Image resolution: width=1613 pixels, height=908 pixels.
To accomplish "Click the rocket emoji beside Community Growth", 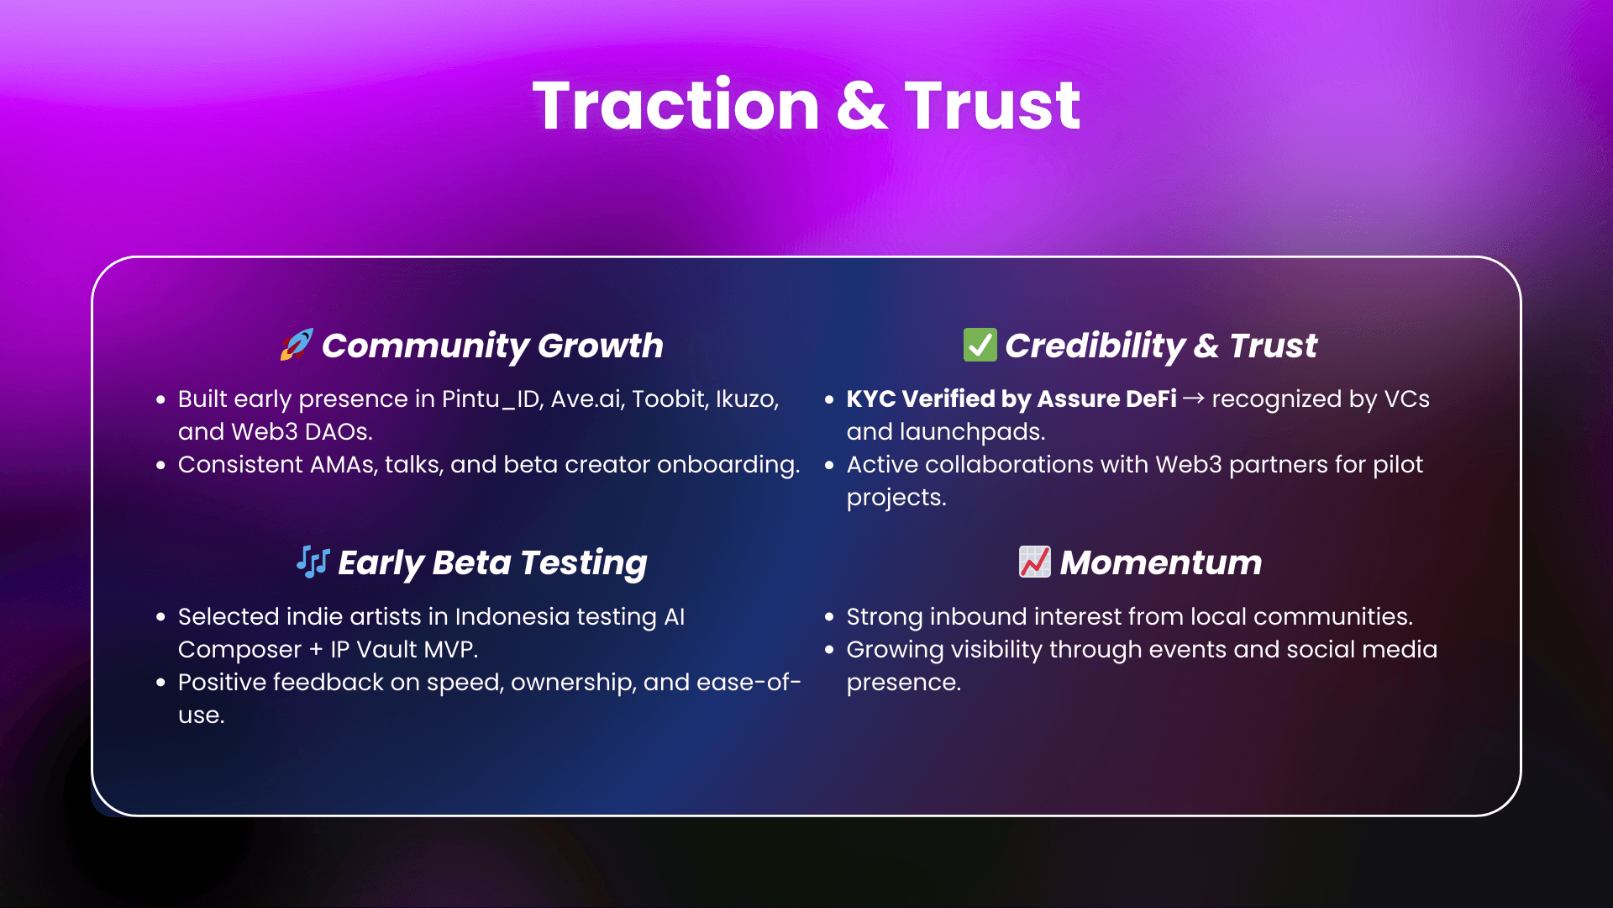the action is click(297, 345).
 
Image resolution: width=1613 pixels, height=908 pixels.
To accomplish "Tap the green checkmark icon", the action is click(980, 345).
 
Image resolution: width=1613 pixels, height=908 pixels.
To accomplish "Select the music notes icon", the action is click(313, 562).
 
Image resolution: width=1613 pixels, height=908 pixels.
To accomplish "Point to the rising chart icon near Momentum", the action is click(1034, 562).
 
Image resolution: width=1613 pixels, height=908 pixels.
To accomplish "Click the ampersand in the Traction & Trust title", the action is click(862, 107).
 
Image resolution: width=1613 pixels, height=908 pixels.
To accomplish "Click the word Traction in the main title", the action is click(676, 105).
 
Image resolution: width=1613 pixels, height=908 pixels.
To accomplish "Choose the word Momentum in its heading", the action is click(1161, 562).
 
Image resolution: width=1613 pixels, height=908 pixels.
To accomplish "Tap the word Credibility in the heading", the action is click(1095, 346).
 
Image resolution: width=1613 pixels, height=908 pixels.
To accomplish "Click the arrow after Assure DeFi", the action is click(1194, 399).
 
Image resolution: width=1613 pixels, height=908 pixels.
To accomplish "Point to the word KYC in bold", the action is click(871, 399).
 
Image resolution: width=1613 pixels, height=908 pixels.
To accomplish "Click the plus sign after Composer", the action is click(316, 650).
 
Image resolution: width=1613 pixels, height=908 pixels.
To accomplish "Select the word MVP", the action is click(450, 649).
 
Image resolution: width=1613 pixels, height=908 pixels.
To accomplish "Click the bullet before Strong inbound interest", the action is click(829, 617).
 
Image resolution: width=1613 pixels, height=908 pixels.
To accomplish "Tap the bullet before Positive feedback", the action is click(160, 683).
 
